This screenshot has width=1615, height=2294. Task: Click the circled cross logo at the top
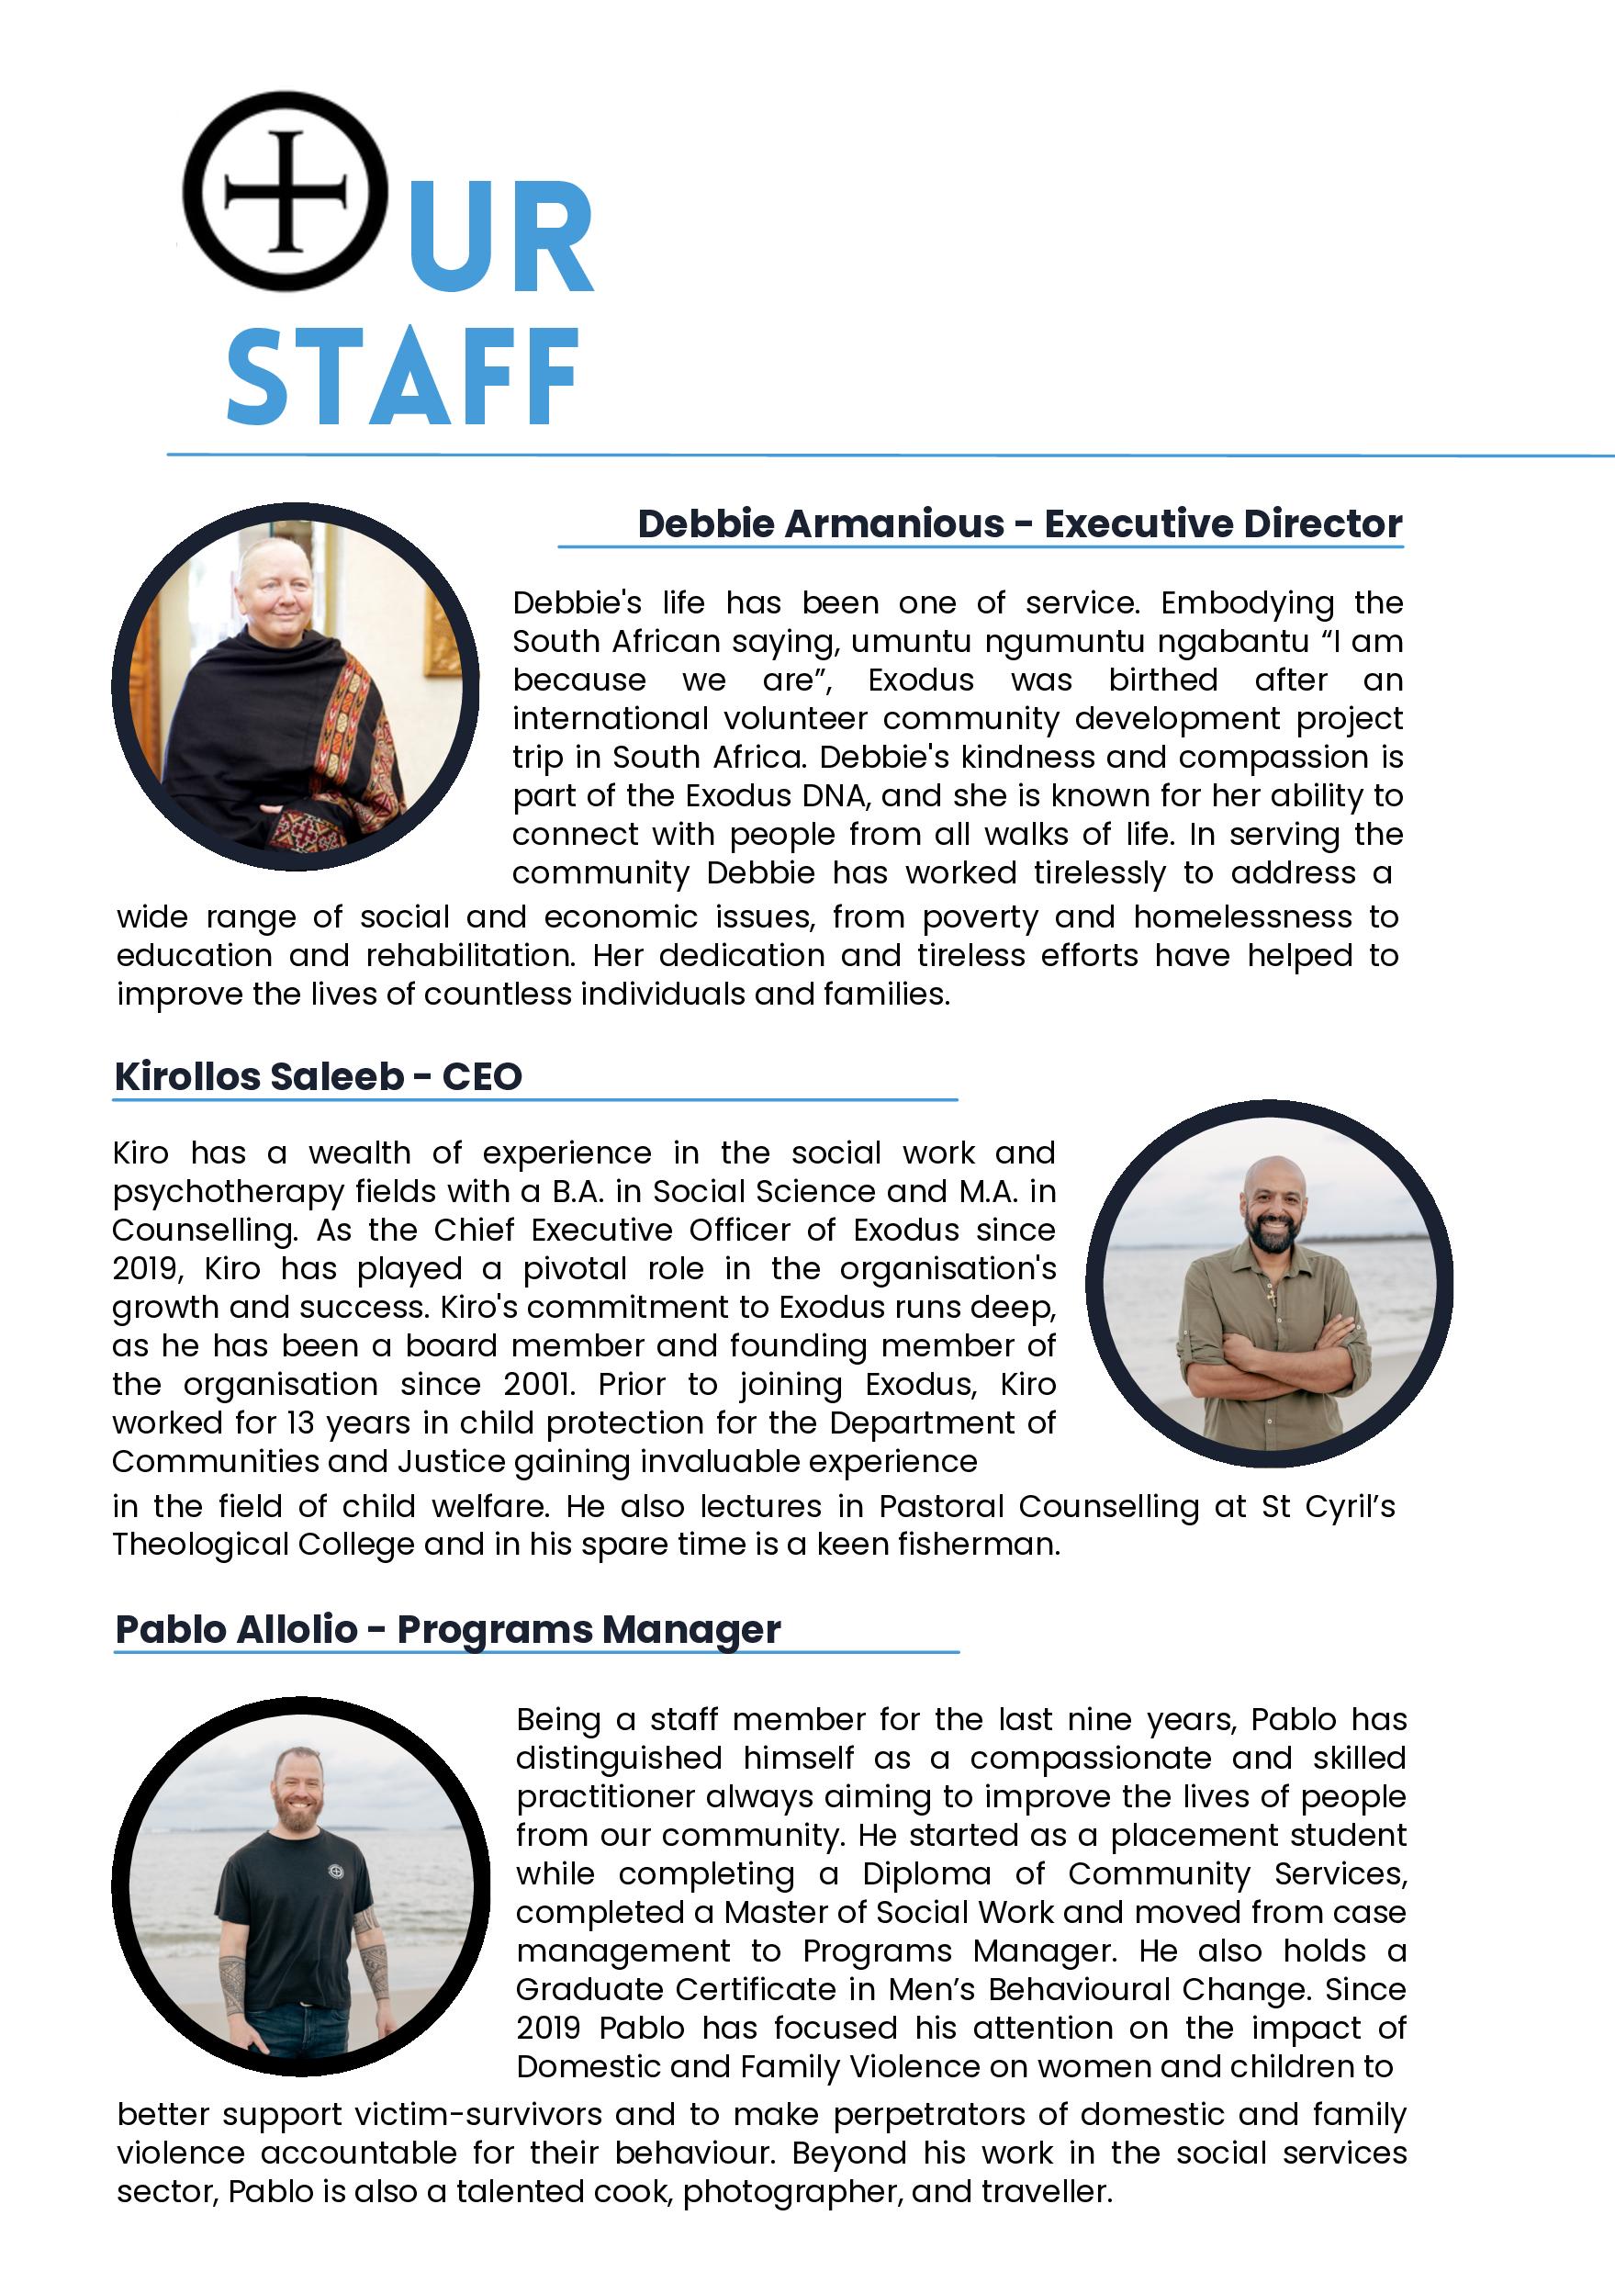pyautogui.click(x=286, y=191)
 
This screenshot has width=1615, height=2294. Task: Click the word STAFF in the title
pyautogui.click(x=403, y=377)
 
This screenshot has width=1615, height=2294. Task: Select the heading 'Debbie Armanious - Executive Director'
pyautogui.click(x=1019, y=523)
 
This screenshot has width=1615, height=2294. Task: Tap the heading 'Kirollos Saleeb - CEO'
pyautogui.click(x=318, y=1076)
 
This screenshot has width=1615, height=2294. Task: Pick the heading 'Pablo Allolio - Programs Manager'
pyautogui.click(x=447, y=1628)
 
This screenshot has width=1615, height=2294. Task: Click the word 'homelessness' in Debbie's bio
pyautogui.click(x=1242, y=917)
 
